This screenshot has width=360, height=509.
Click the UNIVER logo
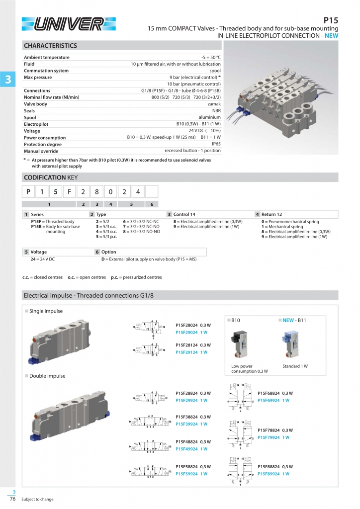pos(69,23)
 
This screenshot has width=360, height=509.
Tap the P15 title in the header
pos(331,20)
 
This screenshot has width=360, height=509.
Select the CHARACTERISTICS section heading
pos(51,46)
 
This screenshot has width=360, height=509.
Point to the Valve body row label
pos(36,104)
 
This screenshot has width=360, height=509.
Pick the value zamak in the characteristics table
pos(214,104)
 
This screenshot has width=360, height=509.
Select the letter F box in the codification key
pos(70,191)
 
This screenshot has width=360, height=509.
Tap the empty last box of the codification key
pos(152,191)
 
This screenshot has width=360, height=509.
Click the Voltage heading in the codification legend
pos(39,252)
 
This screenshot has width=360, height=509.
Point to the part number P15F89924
pos(270,474)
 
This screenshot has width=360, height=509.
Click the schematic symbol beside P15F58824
pos(150,470)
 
